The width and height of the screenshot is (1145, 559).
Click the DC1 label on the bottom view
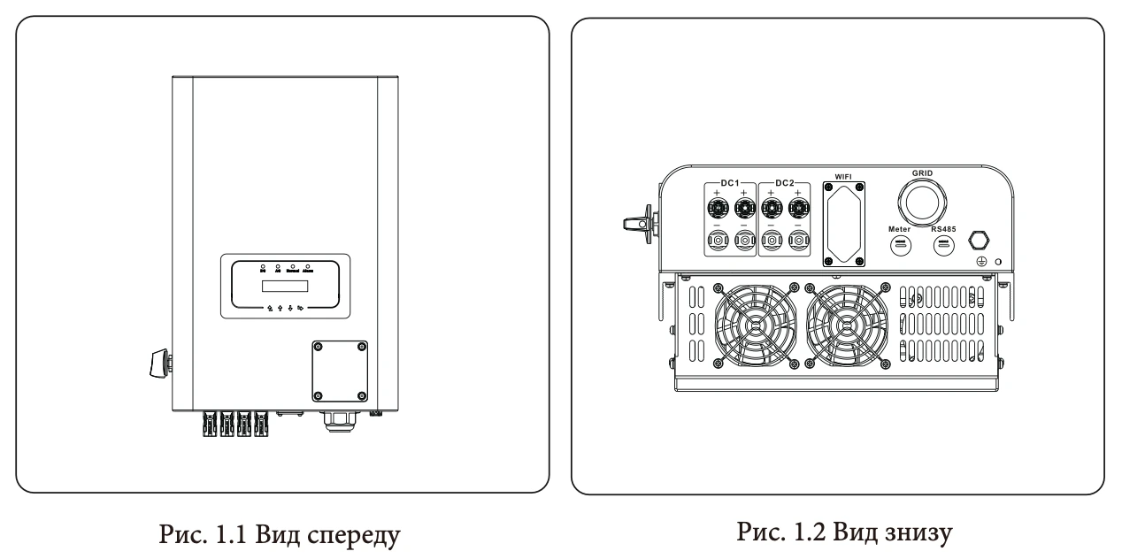click(731, 182)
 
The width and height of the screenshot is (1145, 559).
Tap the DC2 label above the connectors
click(785, 182)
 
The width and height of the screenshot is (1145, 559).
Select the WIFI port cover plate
click(843, 223)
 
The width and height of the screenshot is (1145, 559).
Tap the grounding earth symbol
click(980, 262)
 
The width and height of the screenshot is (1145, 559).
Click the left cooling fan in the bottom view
click(751, 326)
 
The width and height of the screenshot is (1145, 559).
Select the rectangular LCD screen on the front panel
click(284, 287)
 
